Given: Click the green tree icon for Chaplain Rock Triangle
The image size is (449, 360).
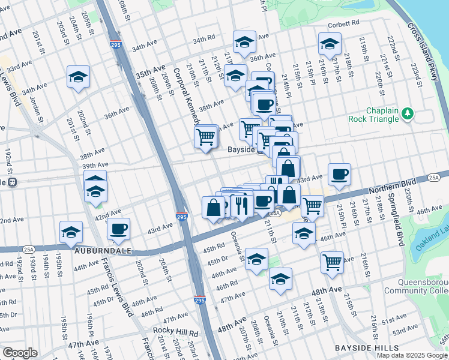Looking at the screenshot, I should [x=408, y=113].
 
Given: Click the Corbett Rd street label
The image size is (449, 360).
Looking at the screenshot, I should [x=343, y=23].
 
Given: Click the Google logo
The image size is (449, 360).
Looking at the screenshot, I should [x=20, y=352].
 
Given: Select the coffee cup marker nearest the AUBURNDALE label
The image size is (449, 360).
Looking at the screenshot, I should [x=118, y=228].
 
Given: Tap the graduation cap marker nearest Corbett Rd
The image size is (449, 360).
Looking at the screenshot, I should [x=328, y=43].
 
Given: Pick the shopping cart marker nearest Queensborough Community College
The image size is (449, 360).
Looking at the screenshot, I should [x=332, y=262].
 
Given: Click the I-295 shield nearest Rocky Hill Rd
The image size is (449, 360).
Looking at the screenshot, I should [x=199, y=298].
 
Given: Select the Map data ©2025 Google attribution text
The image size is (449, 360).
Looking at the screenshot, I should [x=412, y=355].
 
